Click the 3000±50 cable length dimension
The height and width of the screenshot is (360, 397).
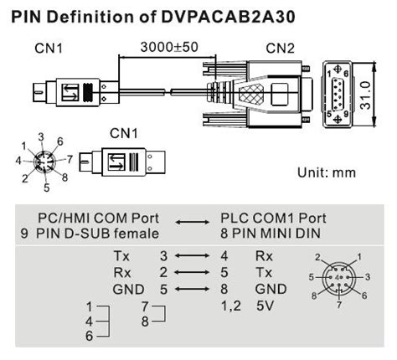tap(170, 47)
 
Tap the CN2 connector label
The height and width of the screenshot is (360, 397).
tap(279, 48)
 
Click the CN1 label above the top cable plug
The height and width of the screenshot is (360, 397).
tap(48, 48)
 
